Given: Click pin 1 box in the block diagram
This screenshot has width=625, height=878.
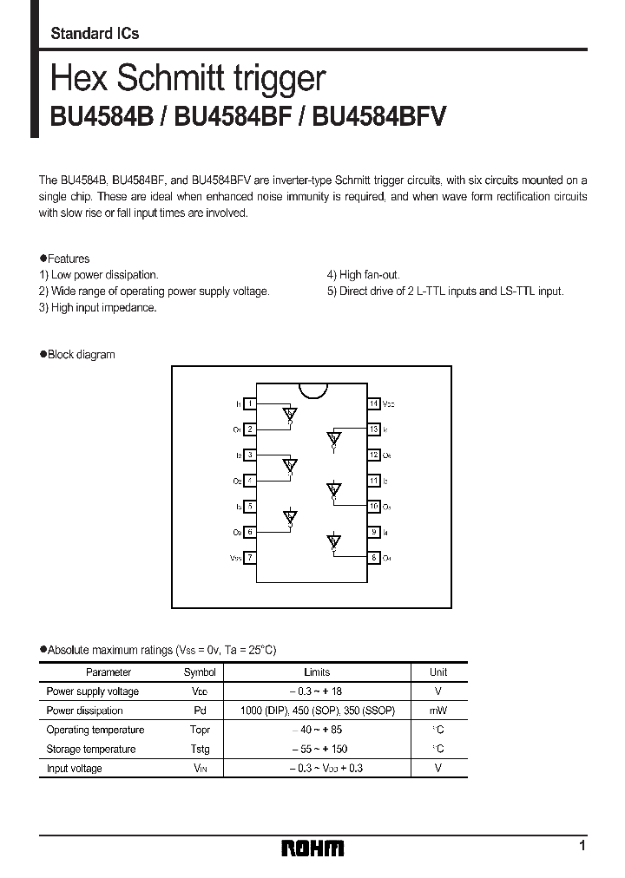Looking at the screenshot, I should pyautogui.click(x=250, y=403).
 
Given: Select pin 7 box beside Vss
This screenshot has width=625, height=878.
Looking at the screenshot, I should pyautogui.click(x=250, y=557).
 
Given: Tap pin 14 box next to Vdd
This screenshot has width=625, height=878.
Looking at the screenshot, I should pyautogui.click(x=373, y=403).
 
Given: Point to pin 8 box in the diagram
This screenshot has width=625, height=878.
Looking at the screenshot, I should pyautogui.click(x=373, y=557).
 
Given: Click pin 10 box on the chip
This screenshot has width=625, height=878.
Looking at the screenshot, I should pyautogui.click(x=373, y=506).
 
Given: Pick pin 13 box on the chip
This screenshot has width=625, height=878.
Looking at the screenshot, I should pyautogui.click(x=373, y=429).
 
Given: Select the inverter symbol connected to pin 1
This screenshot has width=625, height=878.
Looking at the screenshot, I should pyautogui.click(x=290, y=414).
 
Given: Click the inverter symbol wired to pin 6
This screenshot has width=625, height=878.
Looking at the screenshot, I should pyautogui.click(x=290, y=518).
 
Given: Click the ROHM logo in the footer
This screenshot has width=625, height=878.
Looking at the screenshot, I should pyautogui.click(x=313, y=848).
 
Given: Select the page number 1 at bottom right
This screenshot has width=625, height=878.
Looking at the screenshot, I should pyautogui.click(x=582, y=845).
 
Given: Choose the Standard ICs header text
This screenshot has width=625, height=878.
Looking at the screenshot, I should pyautogui.click(x=95, y=33).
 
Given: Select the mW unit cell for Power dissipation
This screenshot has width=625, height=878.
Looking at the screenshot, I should pyautogui.click(x=438, y=711).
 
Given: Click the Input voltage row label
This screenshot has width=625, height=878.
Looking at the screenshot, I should pyautogui.click(x=75, y=768).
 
